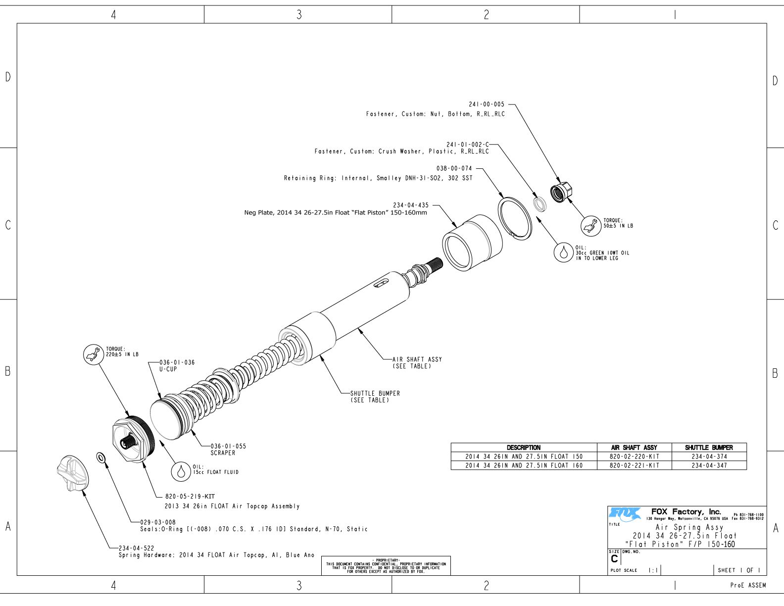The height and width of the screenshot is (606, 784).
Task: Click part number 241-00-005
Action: point(487,104)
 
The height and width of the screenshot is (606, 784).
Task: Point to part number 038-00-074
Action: point(454,168)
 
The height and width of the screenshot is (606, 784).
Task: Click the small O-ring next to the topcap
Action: point(100,456)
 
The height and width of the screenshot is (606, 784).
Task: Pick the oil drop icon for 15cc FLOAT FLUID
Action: point(181,471)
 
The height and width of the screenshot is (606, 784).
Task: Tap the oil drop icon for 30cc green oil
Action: point(563,252)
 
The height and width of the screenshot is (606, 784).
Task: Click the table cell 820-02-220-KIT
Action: point(634,456)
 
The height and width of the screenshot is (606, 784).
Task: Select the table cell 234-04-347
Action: point(709,465)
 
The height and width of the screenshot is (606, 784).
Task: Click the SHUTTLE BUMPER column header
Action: point(709,448)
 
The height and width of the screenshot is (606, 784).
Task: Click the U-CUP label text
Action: point(168,369)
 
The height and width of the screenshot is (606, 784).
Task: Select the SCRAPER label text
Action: point(223,453)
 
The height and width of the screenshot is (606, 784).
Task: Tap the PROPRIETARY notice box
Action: point(386,565)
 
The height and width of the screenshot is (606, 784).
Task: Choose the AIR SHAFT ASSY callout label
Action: point(417,359)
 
